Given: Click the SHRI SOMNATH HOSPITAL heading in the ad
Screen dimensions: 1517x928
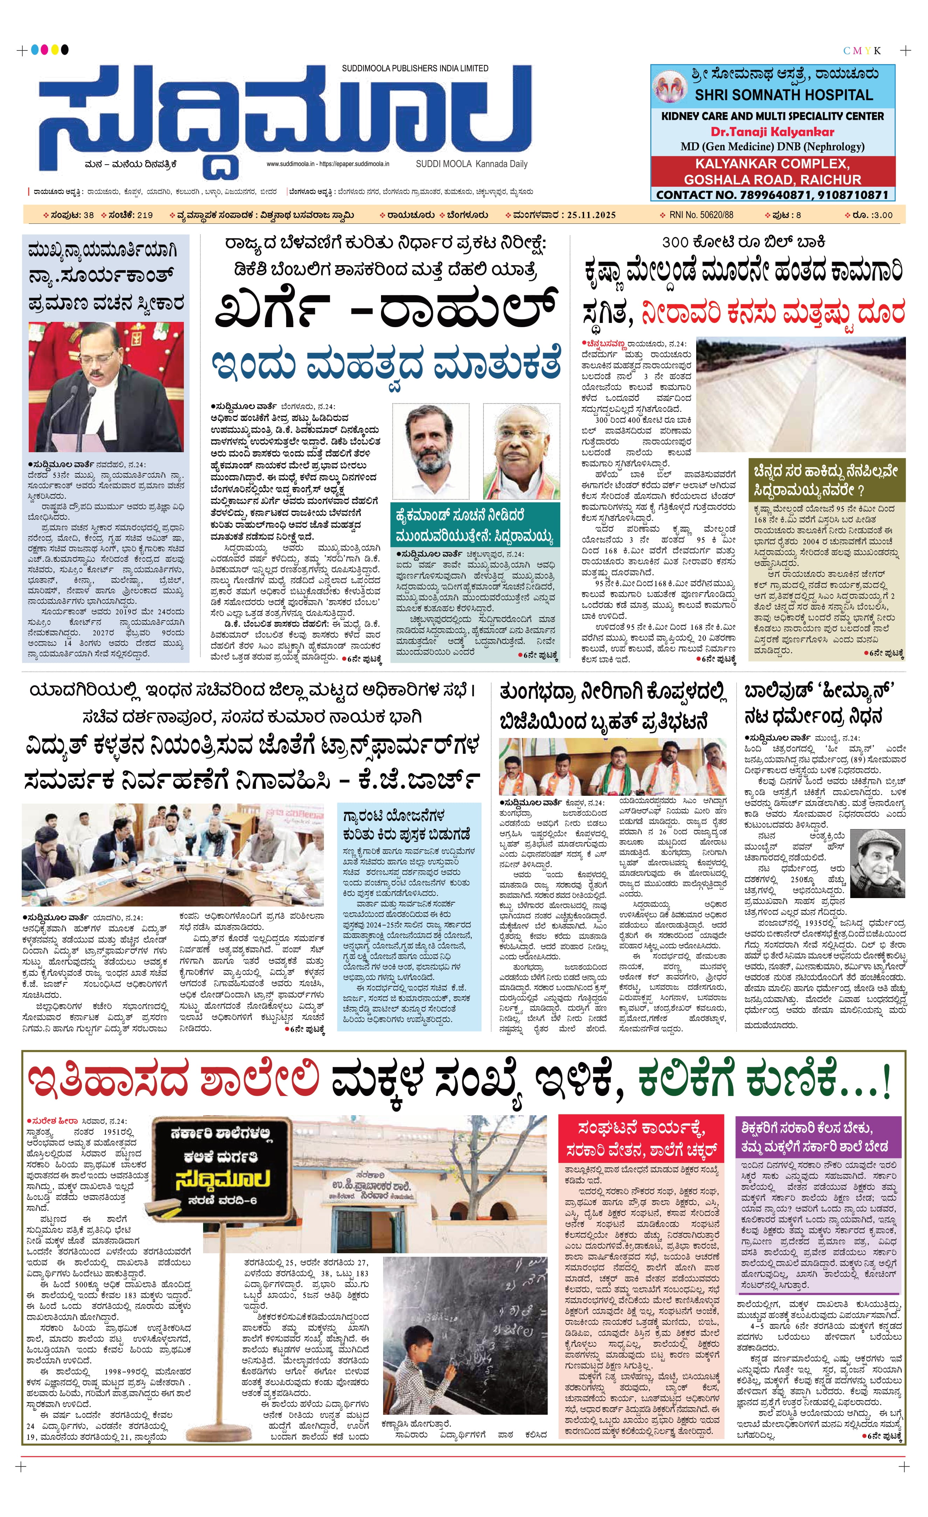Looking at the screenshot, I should click(x=783, y=95).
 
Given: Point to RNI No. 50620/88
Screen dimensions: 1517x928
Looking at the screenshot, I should click(x=701, y=215).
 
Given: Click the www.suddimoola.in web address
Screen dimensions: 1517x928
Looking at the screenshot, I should click(x=290, y=164).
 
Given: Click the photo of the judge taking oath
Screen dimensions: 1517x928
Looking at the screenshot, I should click(x=106, y=387).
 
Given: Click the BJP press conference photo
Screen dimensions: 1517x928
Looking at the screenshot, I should click(x=612, y=766).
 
